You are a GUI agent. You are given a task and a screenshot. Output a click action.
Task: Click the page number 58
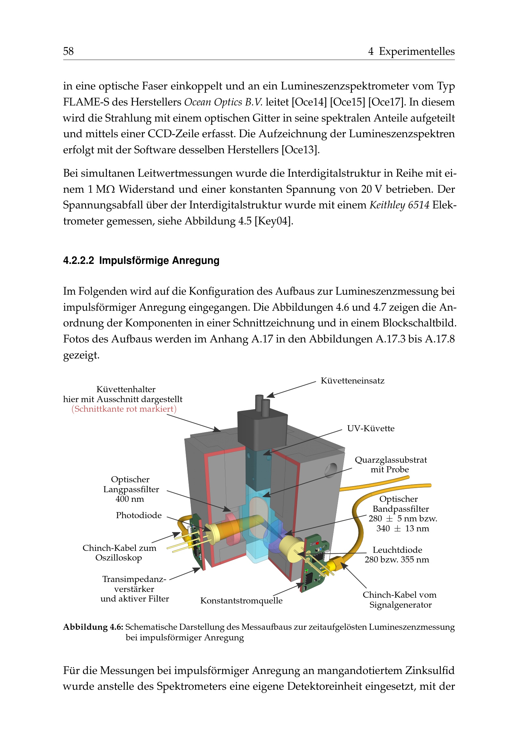(68, 51)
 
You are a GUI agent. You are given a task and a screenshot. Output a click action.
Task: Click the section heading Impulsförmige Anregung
(141, 261)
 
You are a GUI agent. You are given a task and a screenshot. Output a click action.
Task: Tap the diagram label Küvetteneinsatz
(352, 381)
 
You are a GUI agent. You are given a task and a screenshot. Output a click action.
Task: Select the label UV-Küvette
(370, 429)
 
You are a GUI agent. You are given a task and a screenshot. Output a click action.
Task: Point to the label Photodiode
(139, 516)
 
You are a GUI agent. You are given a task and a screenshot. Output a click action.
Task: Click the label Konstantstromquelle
(241, 601)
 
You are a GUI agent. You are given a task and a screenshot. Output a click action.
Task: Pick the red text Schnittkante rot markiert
(124, 409)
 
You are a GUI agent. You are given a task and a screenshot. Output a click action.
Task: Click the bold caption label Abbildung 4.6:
(93, 627)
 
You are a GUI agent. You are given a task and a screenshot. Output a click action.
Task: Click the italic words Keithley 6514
(399, 205)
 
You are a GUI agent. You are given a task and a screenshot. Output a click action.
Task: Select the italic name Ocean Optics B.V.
(223, 102)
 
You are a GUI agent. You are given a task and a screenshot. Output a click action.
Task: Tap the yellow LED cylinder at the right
(291, 549)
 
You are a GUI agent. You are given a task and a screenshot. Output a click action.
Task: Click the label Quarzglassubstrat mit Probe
(390, 465)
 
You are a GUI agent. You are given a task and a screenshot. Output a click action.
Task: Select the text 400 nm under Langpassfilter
(129, 499)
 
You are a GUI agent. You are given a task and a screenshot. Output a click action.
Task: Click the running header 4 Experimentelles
(411, 51)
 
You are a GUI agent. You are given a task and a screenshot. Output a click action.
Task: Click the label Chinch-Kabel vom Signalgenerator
(400, 600)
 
